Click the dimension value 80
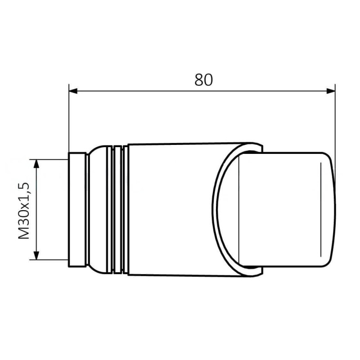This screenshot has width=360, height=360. pos(204,80)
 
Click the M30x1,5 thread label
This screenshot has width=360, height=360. pos(24,211)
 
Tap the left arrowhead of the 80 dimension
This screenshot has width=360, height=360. pos(73,91)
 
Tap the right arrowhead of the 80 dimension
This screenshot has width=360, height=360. pos(331,91)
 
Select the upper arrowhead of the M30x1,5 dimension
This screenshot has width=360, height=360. pos(36,164)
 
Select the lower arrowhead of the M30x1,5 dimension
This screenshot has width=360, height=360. pos(36,256)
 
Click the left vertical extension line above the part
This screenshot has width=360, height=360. pos(69,118)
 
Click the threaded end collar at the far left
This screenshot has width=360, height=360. pos(77,210)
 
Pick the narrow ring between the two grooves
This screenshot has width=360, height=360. pos(118,209)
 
